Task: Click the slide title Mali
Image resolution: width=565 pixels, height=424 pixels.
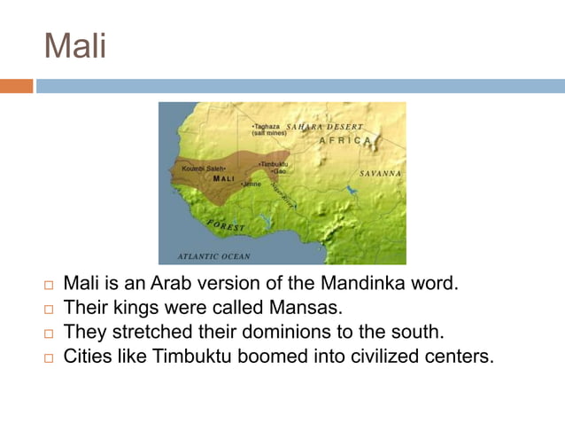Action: pos(75,45)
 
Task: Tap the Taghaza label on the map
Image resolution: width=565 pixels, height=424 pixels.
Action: pos(266,127)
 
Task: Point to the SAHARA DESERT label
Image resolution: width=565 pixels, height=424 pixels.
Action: pos(324,127)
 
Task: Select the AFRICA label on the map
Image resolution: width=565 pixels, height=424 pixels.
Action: pos(346,141)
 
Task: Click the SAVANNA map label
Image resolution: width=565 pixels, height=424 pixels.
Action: pos(380,173)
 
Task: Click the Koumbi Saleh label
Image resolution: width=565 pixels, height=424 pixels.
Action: pos(199,169)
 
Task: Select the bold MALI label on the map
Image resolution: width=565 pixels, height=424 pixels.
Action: pos(223,178)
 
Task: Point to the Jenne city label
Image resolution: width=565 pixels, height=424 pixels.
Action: pos(252,185)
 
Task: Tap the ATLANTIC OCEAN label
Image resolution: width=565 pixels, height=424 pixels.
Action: pos(213,255)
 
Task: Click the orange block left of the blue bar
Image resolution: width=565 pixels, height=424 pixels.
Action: pos(16,86)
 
